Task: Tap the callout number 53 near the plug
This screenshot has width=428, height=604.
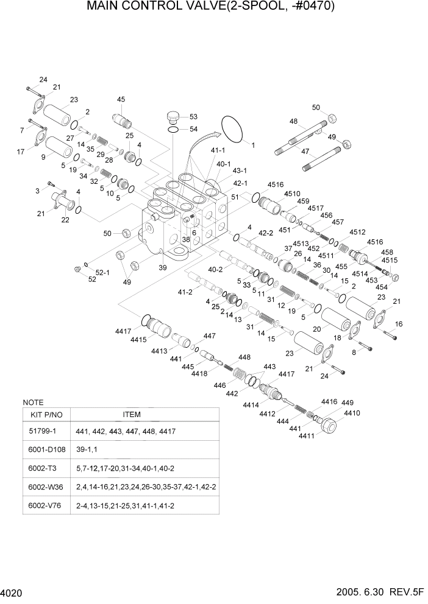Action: point(193,117)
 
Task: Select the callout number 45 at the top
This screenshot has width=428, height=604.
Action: point(121,100)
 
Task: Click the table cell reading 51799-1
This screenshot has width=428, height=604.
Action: point(46,431)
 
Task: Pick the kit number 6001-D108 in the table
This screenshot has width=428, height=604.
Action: point(46,450)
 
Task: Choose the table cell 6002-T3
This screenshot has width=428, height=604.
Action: point(46,468)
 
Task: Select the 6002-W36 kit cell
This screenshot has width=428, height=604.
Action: point(46,487)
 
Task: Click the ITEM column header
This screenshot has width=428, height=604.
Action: point(131,415)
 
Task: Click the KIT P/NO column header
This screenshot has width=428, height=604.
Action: point(46,415)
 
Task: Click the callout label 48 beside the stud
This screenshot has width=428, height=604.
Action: point(294,121)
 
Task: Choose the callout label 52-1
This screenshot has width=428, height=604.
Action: point(102,272)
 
